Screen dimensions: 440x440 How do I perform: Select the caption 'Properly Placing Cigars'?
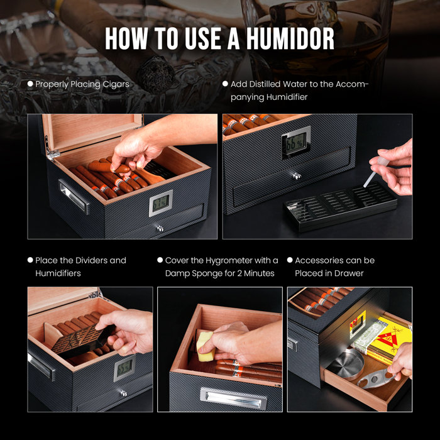tap(82, 84)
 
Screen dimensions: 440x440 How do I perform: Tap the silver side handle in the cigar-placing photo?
tap(74, 197)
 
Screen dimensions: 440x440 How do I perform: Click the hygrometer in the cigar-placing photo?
tap(160, 202)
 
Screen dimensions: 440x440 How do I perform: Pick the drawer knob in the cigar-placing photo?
tap(160, 229)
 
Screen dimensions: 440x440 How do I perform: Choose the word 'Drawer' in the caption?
tap(354, 273)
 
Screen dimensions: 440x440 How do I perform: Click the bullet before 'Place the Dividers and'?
tap(30, 260)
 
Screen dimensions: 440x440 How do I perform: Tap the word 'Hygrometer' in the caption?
tap(226, 260)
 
